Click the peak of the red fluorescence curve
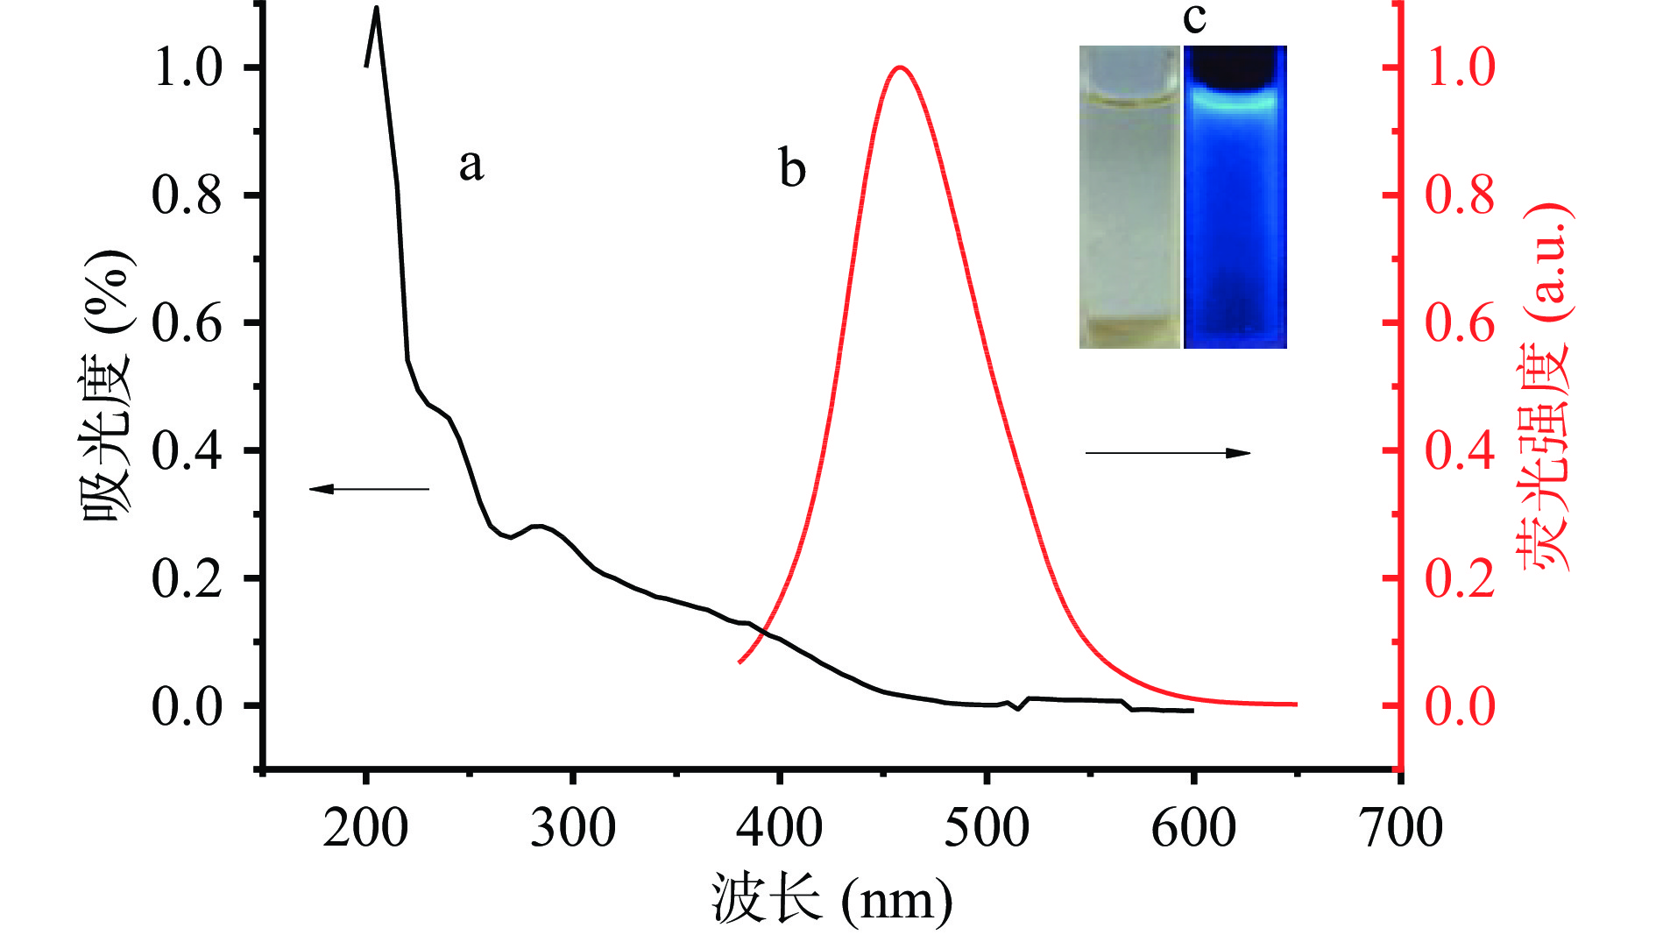[x=900, y=67]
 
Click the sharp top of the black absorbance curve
[x=377, y=9]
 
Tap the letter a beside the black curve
[x=471, y=164]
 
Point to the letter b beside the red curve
[x=792, y=168]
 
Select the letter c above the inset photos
[x=1194, y=18]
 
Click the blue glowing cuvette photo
[x=1235, y=197]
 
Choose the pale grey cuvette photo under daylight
[x=1129, y=197]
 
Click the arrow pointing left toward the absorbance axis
[x=369, y=489]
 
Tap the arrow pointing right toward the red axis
[x=1168, y=453]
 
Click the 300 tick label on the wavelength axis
[x=573, y=828]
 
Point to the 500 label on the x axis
[x=987, y=828]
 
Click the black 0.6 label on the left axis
[x=187, y=323]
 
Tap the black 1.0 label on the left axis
[x=187, y=67]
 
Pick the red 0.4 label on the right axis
[x=1460, y=450]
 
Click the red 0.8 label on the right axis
[x=1460, y=195]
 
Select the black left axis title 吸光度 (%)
[x=108, y=386]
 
